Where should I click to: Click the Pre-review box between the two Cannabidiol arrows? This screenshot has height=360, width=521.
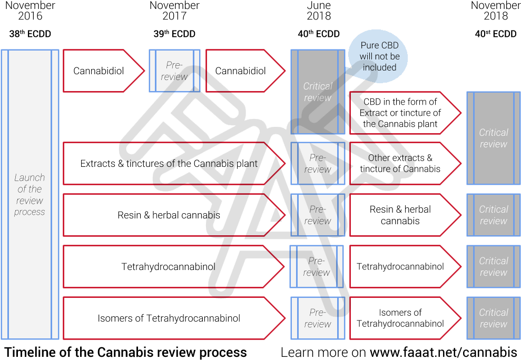(174, 71)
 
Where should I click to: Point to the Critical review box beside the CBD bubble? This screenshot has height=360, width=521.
(318, 92)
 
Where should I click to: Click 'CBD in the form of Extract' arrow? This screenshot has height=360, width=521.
(400, 113)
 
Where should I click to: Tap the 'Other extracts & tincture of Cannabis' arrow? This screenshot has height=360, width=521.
(400, 163)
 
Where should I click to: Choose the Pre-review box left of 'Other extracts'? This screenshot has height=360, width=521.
(318, 163)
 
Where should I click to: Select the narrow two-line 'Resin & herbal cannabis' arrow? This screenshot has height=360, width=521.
(400, 215)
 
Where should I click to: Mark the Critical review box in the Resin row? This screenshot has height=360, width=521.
(494, 215)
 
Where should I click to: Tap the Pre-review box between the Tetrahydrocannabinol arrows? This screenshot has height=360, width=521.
(317, 266)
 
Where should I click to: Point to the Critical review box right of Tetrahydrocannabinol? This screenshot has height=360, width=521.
(494, 266)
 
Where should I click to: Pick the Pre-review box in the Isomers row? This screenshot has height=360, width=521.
(318, 318)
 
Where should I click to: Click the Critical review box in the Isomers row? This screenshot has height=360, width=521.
(494, 318)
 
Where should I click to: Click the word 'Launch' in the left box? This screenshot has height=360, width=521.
(30, 177)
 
